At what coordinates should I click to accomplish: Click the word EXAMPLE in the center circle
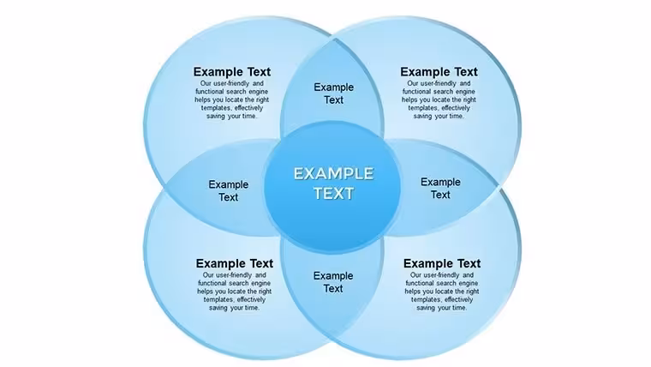coord(334,174)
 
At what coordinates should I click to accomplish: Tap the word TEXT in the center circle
coord(334,194)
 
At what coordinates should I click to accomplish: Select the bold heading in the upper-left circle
coord(231,72)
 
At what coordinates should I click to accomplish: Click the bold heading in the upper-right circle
coord(439,72)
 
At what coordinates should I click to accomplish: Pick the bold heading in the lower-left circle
coord(235,263)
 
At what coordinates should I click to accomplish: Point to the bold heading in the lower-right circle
coord(442,263)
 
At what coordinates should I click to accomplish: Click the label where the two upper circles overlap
coord(334,93)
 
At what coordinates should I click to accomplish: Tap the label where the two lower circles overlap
coord(333,282)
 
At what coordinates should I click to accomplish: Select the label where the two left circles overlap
coord(229,190)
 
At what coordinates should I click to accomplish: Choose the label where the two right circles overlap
coord(440,189)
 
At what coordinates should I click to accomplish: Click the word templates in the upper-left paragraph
coord(217,108)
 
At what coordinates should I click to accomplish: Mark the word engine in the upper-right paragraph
coord(466,92)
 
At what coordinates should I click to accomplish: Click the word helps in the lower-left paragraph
coord(205,292)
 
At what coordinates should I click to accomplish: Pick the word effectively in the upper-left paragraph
coord(248,108)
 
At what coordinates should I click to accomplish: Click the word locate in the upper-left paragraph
coord(235,99)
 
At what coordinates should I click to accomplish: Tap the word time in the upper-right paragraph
coord(457,117)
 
